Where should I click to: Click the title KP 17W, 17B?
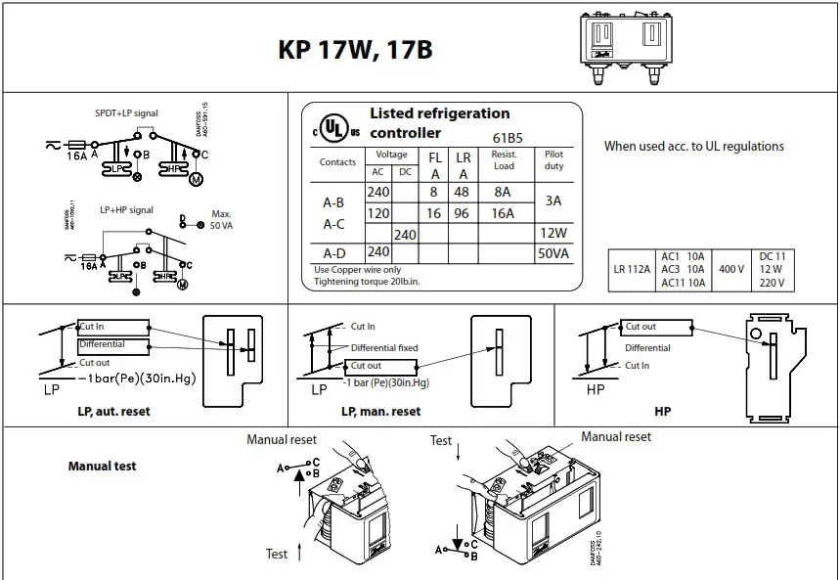pos(355,50)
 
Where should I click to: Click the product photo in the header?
pos(627,45)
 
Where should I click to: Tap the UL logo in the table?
pos(335,130)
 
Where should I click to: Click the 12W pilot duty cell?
pos(553,234)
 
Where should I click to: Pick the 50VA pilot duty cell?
pos(553,253)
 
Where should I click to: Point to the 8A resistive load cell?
pos(503,193)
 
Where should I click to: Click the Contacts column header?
pos(337,162)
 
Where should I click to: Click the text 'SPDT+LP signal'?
pos(126,113)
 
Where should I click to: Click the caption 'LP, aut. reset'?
pos(113,412)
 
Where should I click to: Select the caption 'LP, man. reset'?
pos(380,412)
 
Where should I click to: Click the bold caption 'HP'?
pos(662,412)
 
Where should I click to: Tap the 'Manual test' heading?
pos(102,467)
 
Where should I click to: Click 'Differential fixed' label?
pos(384,348)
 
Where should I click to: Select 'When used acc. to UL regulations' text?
pos(693,147)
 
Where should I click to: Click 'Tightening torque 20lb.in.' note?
pos(367,282)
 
